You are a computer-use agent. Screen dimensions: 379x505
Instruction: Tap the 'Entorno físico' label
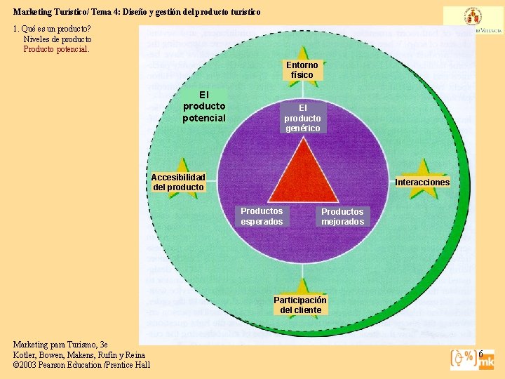[302, 70]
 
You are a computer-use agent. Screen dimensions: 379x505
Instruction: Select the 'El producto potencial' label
[204, 106]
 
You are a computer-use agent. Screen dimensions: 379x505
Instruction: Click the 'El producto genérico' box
[302, 118]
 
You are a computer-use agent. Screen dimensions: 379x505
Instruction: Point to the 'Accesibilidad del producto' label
[178, 182]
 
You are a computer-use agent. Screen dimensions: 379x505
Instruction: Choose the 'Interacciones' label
[422, 182]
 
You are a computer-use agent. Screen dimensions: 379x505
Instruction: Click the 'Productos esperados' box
[262, 216]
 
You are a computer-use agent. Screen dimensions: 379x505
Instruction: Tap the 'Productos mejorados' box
[342, 217]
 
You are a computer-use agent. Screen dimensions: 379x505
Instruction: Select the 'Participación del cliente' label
[300, 305]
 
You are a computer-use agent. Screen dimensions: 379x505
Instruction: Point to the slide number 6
[481, 353]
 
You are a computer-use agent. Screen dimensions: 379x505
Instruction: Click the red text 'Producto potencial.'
[57, 49]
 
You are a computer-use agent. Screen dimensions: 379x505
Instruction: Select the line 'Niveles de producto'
[58, 39]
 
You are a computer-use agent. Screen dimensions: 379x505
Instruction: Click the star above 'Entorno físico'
[302, 54]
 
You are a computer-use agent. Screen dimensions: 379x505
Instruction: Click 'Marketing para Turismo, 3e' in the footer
[60, 345]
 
